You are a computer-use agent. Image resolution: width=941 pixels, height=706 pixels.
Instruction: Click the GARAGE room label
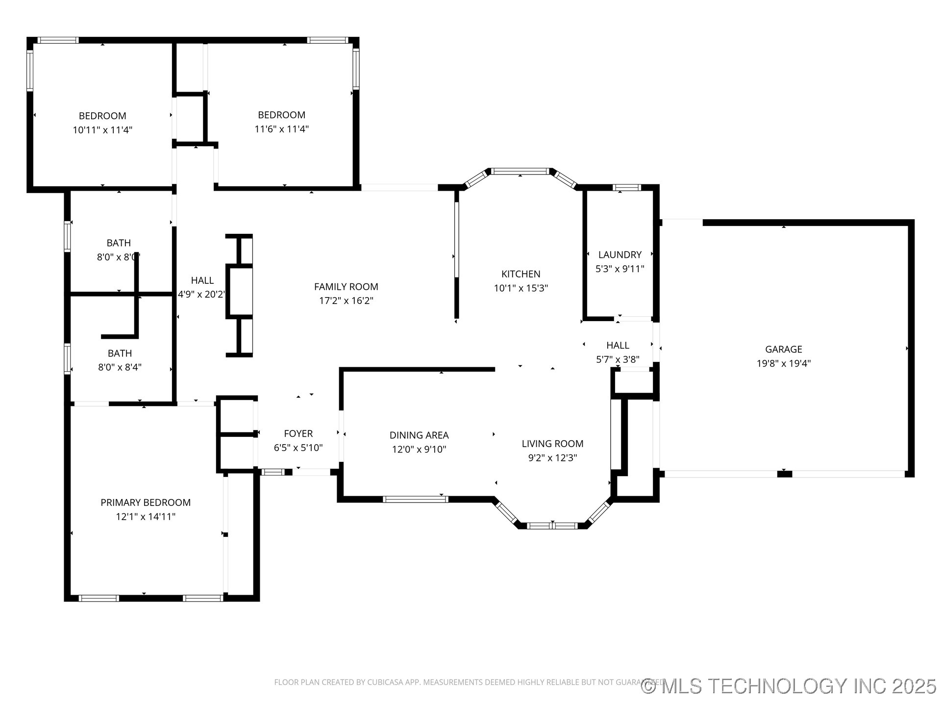(x=784, y=349)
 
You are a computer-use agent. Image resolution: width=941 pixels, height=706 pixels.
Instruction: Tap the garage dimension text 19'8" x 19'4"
(x=784, y=363)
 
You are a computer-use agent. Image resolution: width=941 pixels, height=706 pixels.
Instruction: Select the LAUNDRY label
(x=620, y=254)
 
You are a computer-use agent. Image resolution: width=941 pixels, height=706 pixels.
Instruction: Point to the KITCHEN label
(x=520, y=274)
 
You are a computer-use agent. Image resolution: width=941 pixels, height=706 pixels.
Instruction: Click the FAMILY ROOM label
(x=346, y=287)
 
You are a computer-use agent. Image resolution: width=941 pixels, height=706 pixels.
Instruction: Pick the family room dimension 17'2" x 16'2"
(x=346, y=301)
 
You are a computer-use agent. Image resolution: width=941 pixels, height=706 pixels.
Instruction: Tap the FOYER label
(x=298, y=433)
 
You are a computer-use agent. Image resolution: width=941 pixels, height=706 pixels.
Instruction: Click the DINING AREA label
(x=419, y=435)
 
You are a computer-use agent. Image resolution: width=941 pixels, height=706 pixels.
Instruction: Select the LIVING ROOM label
(x=552, y=444)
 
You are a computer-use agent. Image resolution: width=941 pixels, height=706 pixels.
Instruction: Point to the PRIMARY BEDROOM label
(x=146, y=503)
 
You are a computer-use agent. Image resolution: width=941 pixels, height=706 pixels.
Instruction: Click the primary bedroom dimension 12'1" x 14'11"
(x=146, y=516)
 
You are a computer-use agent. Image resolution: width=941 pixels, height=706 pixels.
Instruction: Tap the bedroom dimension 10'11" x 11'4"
(x=102, y=130)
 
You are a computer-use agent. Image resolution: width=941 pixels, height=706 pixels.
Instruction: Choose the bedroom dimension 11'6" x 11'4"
(x=281, y=129)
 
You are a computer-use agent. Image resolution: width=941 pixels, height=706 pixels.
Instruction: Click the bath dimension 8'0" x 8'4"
(x=120, y=367)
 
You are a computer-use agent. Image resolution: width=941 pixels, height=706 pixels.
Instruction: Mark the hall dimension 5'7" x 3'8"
(x=618, y=359)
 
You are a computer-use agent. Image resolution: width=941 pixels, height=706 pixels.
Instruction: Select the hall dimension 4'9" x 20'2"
(x=202, y=294)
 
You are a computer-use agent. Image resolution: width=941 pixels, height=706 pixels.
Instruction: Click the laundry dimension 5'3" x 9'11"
(x=620, y=269)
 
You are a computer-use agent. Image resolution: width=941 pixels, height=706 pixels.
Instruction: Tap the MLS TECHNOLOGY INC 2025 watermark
(x=789, y=686)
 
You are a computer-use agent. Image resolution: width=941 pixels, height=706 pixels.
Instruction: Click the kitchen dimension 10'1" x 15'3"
(x=520, y=288)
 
